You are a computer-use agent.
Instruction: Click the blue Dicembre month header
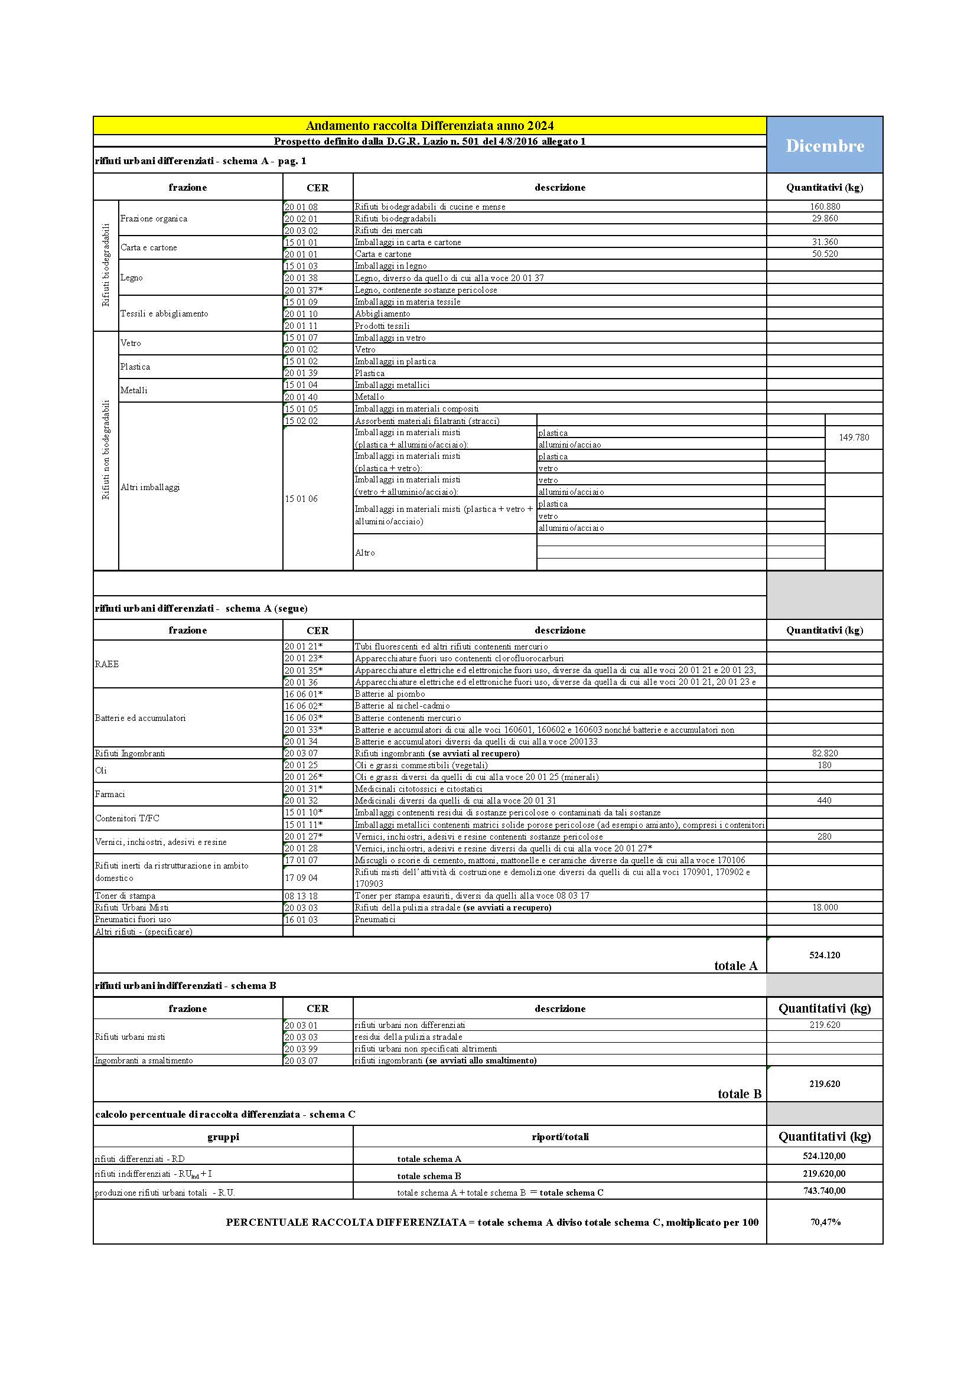[x=824, y=146]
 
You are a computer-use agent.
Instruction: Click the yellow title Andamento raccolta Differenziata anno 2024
[x=429, y=126]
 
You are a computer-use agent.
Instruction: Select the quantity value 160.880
[x=824, y=206]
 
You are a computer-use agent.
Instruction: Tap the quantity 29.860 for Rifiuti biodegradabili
[x=824, y=218]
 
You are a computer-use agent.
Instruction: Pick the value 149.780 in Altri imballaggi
[x=854, y=438]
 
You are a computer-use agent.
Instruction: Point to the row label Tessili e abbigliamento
[x=164, y=314]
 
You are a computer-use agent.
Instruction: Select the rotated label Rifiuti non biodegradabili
[x=106, y=450]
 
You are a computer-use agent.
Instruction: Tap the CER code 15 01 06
[x=301, y=499]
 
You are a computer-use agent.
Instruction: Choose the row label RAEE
[x=107, y=664]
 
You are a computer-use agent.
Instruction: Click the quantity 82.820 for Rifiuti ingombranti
[x=824, y=753]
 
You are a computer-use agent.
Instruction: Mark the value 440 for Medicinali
[x=824, y=801]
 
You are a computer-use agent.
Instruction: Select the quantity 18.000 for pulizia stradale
[x=824, y=907]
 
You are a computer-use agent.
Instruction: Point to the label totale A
[x=735, y=966]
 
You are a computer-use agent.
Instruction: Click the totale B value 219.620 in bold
[x=824, y=1084]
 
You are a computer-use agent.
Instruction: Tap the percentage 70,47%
[x=825, y=1222]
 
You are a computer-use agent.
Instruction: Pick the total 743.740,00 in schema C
[x=824, y=1191]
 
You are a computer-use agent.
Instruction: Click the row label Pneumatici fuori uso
[x=133, y=919]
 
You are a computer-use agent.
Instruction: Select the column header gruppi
[x=223, y=1137]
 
